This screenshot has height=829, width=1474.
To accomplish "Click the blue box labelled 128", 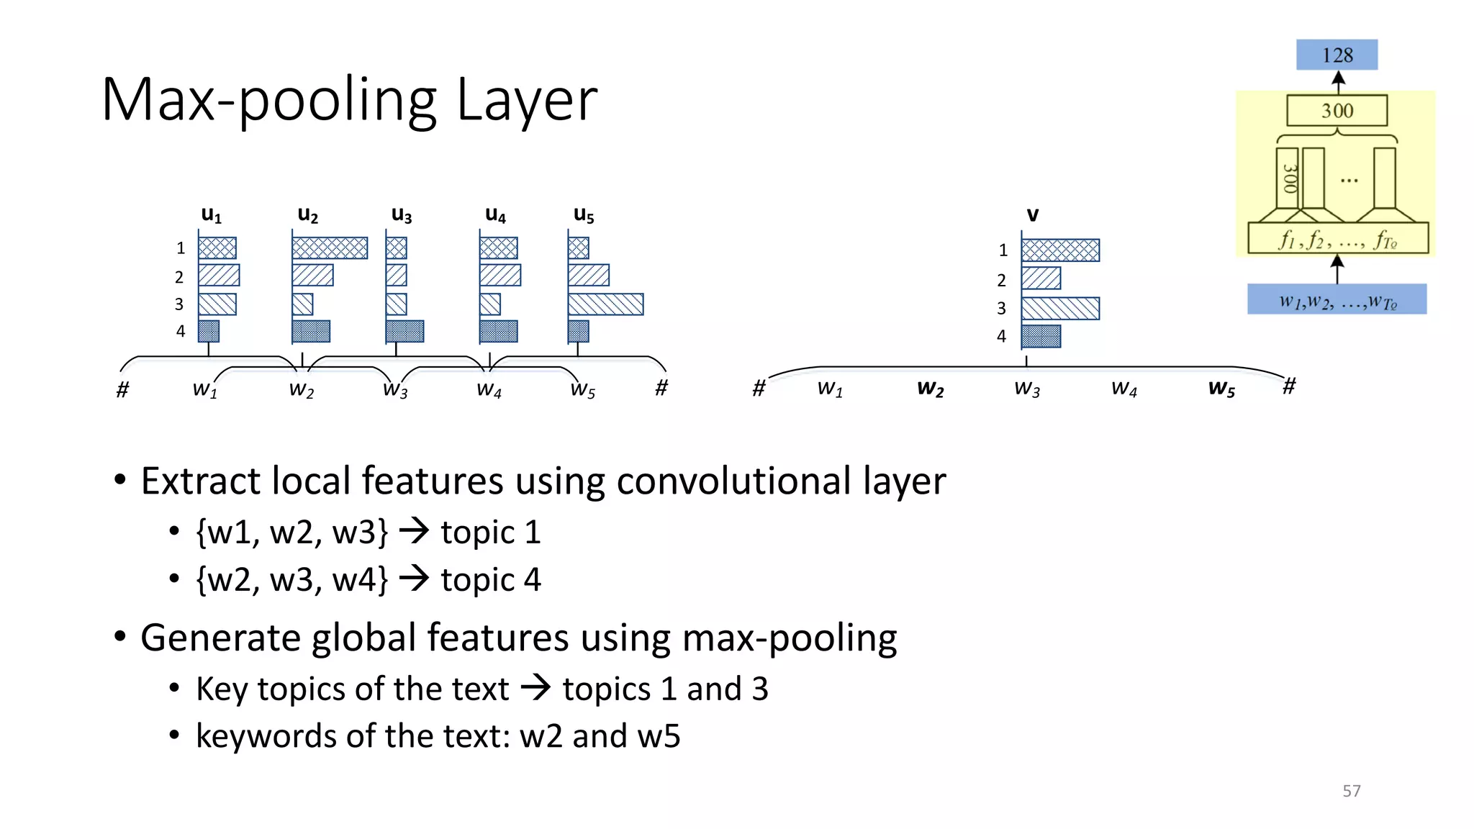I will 1337,55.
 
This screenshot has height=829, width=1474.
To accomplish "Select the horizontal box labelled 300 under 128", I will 1337,111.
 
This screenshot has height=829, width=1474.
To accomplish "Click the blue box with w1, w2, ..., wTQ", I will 1337,299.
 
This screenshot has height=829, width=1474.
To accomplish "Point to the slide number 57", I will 1351,791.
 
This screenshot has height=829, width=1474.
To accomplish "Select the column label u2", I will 307,214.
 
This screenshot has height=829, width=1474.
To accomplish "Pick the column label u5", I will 584,214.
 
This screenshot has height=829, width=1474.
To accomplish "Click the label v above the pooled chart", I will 1032,214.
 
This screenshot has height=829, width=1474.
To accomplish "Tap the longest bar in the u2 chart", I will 330,248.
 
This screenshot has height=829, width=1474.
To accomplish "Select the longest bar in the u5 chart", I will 605,304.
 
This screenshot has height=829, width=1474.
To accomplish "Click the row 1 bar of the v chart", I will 1060,250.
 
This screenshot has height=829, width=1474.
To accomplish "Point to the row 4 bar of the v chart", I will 1041,336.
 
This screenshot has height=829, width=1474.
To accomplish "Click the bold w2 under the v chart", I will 930,389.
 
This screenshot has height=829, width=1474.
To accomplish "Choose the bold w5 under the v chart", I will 1221,389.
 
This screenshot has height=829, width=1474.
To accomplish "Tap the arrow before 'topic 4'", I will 414,579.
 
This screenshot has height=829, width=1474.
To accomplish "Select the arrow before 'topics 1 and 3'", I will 535,688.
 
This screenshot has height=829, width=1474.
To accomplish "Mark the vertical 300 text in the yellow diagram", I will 1289,178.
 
